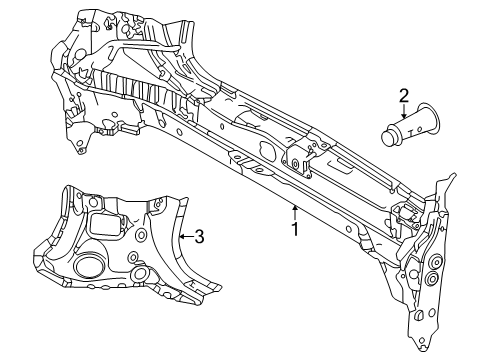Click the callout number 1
[294, 230]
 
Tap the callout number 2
[404, 97]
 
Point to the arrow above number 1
[294, 211]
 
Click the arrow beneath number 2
[404, 113]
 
